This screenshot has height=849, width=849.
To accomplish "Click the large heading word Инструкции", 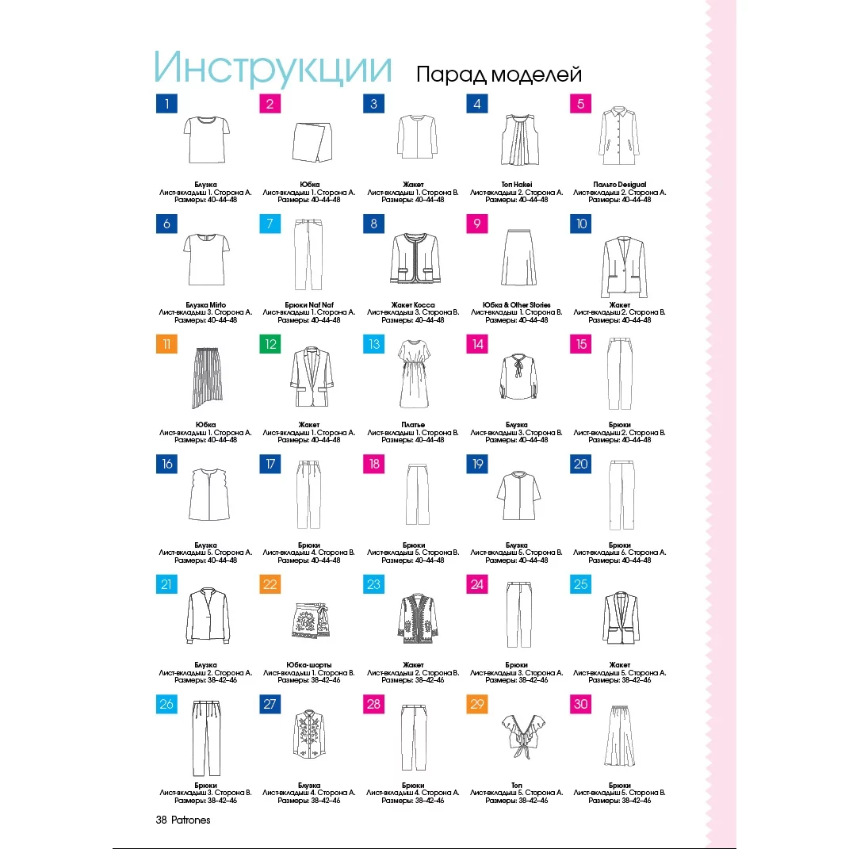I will pyautogui.click(x=273, y=68).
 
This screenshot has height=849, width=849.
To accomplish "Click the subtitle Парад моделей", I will pyautogui.click(x=499, y=75).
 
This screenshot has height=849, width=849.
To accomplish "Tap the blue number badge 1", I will pyautogui.click(x=166, y=104).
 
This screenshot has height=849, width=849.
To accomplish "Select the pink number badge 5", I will pyautogui.click(x=580, y=104).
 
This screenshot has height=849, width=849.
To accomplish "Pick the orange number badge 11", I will pyautogui.click(x=166, y=344).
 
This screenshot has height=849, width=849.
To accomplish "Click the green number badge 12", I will pyautogui.click(x=270, y=344).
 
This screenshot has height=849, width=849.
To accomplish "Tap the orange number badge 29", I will pyautogui.click(x=477, y=704).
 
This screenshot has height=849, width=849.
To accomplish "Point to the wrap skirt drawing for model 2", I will pyautogui.click(x=309, y=140).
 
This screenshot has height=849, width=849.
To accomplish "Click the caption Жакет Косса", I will pyautogui.click(x=412, y=304).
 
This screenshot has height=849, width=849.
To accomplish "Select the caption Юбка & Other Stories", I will pyautogui.click(x=517, y=304).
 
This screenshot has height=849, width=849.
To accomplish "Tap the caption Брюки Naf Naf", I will pyautogui.click(x=309, y=304).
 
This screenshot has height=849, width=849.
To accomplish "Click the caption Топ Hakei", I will pyautogui.click(x=517, y=185).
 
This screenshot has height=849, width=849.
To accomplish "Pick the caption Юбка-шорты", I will pyautogui.click(x=309, y=664).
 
